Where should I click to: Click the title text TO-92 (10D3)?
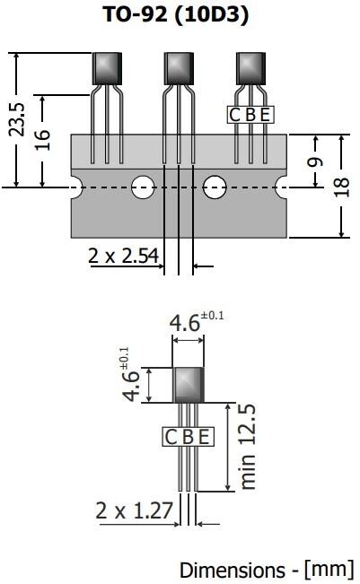[x=180, y=14]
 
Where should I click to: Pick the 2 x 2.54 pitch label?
[x=123, y=256]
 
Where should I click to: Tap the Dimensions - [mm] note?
[x=267, y=570]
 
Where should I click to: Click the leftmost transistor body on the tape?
[x=107, y=68]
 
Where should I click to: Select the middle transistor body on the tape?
[x=179, y=68]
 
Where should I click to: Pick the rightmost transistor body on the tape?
[x=250, y=68]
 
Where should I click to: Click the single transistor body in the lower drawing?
[x=188, y=384]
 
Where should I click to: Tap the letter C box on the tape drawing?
[x=236, y=114]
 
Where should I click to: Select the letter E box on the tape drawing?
[x=264, y=114]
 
